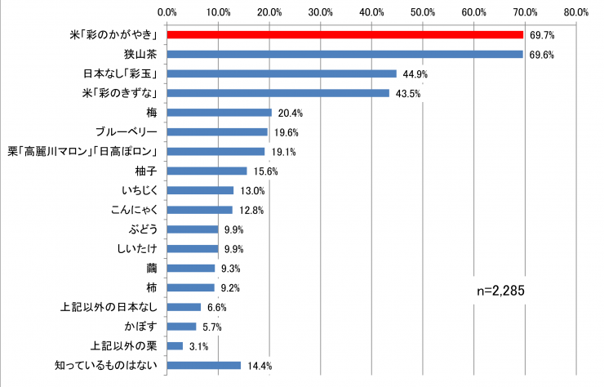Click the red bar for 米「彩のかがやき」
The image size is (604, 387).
pos(344,35)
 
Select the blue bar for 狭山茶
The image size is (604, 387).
pos(344,54)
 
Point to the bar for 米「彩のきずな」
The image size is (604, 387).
pos(278,93)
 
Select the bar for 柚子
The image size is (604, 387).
pos(207,171)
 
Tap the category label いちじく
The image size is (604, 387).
pos(143,190)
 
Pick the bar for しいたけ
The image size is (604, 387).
pos(192,249)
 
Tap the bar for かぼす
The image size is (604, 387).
pos(181,327)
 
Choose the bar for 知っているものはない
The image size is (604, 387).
pos(203,365)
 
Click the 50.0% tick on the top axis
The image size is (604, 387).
pos(423,12)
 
